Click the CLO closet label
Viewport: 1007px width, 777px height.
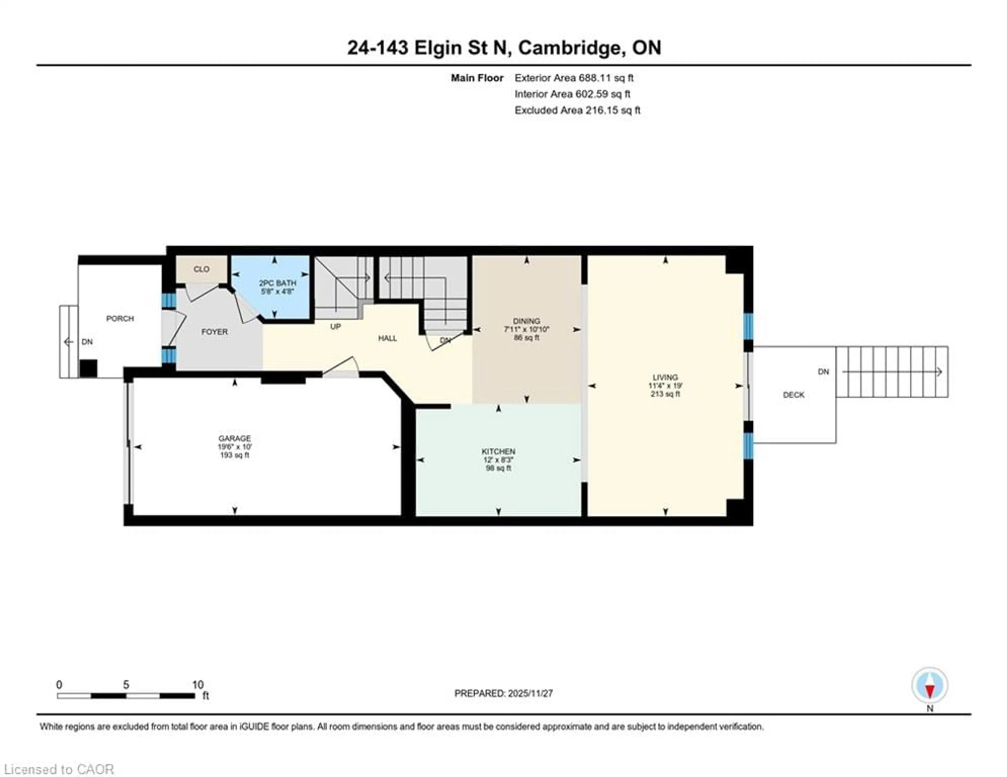click(201, 269)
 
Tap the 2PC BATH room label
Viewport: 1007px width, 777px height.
click(277, 283)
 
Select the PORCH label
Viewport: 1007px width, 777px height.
click(120, 319)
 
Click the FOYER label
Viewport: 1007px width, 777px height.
click(215, 332)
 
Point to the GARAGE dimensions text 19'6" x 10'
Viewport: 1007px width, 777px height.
click(235, 447)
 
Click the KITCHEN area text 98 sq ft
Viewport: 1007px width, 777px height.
click(499, 468)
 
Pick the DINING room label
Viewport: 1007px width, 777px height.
click(527, 321)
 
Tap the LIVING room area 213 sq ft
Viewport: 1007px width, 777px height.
click(665, 394)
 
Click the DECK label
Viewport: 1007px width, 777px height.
click(794, 395)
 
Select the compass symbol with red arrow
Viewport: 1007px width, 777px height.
click(930, 686)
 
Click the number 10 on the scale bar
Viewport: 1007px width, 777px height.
click(198, 685)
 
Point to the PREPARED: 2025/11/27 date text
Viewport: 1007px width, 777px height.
click(504, 693)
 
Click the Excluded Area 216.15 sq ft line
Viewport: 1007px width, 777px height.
click(577, 110)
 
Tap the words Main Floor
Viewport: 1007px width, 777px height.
click(477, 78)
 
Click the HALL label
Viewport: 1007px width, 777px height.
click(387, 338)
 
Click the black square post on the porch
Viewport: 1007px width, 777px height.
click(89, 369)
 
